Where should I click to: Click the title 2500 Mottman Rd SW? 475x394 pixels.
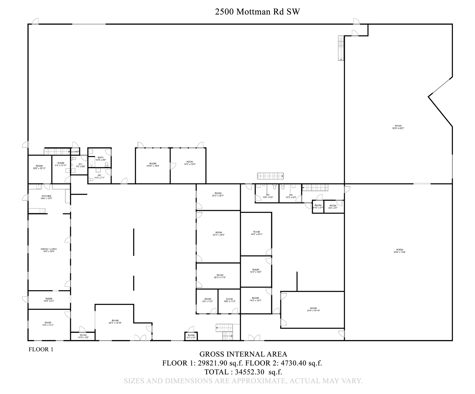[x=257, y=12]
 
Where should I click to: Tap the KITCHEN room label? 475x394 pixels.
[x=46, y=197]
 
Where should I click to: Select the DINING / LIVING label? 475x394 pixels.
[x=49, y=250]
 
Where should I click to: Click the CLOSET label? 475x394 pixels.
[x=75, y=152]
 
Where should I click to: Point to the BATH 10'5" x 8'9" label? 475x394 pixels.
[x=101, y=159]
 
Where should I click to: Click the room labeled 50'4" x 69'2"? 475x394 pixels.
[x=398, y=127]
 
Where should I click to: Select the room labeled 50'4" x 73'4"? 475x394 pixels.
[x=400, y=251]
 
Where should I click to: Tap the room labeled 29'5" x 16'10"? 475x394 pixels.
[x=313, y=309]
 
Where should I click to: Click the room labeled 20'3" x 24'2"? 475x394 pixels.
[x=219, y=234]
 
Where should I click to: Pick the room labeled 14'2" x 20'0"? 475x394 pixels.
[x=256, y=233]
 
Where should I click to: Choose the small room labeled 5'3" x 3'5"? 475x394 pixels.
[x=191, y=336]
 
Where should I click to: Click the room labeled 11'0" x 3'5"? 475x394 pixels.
[x=83, y=336]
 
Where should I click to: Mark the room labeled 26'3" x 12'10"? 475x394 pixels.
[x=115, y=322]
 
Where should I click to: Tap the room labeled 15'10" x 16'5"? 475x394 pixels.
[x=153, y=165]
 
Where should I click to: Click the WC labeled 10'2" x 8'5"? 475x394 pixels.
[x=291, y=196]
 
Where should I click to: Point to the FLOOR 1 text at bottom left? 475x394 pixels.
[x=41, y=349]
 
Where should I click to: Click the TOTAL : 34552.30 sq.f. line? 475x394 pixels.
[x=243, y=372]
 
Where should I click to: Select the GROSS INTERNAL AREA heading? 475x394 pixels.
[x=243, y=354]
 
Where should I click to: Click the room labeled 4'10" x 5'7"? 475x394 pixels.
[x=318, y=206]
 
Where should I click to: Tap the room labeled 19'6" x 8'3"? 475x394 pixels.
[x=49, y=300]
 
